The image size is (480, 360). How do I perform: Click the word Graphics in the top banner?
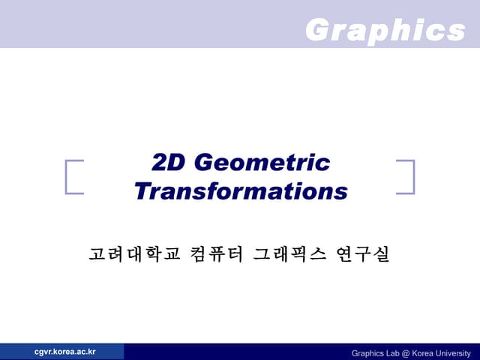[385, 31]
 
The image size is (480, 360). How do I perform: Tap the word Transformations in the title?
[241, 191]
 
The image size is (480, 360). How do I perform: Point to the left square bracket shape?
[73, 177]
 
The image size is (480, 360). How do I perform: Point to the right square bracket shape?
[406, 177]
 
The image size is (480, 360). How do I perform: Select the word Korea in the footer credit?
[424, 353]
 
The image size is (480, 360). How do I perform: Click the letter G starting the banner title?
[317, 31]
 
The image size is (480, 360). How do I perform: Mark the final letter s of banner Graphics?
[455, 31]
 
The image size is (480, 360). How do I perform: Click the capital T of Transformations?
[142, 191]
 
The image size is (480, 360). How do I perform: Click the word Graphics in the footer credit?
[367, 353]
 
